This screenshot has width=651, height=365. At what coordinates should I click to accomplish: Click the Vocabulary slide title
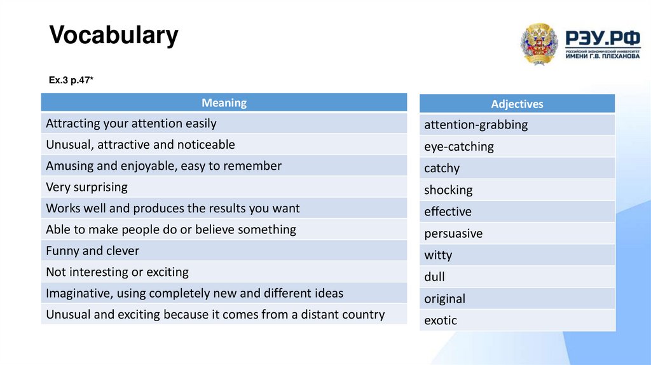(114, 36)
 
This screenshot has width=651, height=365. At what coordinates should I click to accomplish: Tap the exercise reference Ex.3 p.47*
(71, 80)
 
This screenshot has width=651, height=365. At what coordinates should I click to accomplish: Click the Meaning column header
(224, 102)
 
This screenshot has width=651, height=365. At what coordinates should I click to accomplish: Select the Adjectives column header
(517, 104)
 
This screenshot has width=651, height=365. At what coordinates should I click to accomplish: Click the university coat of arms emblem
(539, 44)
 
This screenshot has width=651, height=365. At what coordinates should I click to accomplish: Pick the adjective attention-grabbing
(476, 125)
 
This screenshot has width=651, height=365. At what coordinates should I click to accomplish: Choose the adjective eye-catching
(458, 146)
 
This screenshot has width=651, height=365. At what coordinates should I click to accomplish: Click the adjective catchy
(441, 169)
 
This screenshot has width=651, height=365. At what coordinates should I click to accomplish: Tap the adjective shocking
(448, 190)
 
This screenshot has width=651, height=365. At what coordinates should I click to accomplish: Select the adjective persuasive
(453, 233)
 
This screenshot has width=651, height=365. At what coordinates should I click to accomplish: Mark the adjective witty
(438, 255)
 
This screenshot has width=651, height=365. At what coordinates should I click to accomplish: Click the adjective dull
(434, 277)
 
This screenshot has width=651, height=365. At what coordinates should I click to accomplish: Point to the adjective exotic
(441, 320)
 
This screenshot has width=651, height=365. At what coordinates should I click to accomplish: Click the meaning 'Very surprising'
(86, 187)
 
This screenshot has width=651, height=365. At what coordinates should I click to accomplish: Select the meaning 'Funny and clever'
(92, 251)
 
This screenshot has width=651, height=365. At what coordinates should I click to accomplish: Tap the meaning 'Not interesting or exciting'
(117, 272)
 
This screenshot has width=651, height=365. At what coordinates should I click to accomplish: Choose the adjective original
(444, 299)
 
